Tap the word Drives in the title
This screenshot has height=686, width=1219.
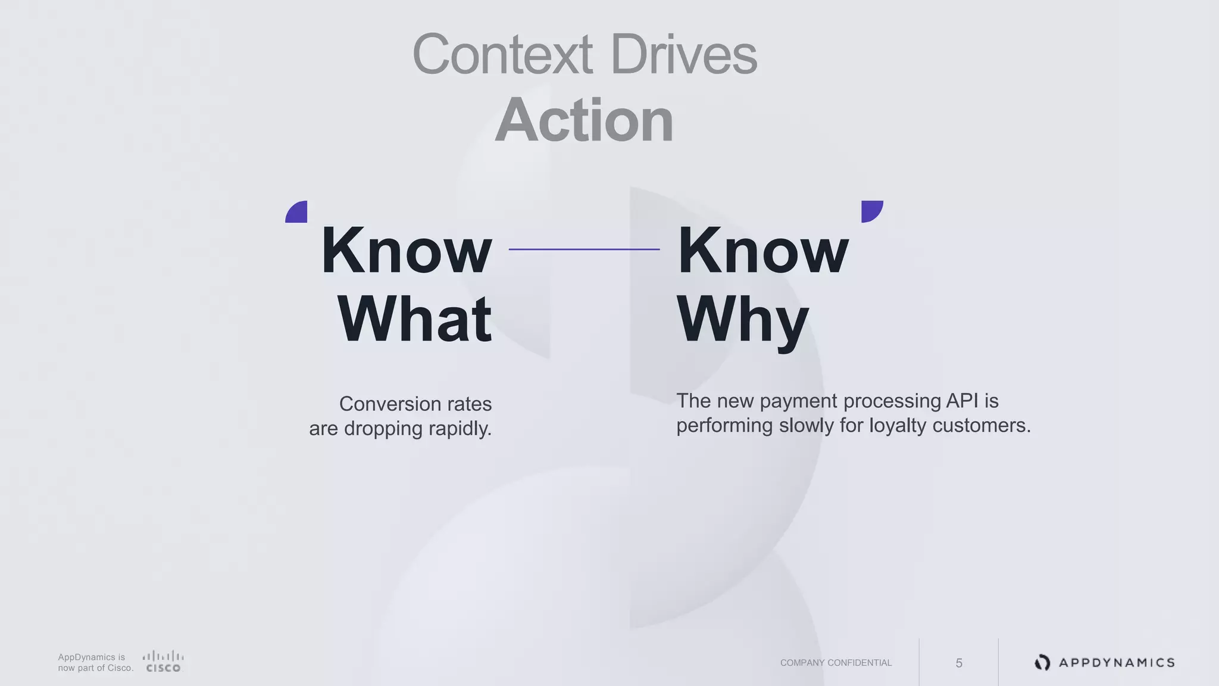pos(683,55)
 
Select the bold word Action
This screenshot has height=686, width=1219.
pos(584,120)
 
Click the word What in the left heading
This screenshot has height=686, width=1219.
pos(415,319)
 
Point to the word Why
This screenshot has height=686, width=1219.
pos(743,320)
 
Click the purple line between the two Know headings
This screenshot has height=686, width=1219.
pos(584,249)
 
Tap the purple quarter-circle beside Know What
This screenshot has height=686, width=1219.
pos(298,213)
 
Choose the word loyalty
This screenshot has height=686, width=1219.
pos(898,426)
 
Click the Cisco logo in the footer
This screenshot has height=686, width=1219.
pos(163,662)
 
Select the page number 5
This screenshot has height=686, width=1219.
pos(959,663)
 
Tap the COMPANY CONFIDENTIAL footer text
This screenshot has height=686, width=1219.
pos(836,663)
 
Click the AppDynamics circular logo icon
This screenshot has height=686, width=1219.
pos(1042,662)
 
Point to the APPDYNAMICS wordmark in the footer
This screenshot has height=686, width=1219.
pos(1117,663)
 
